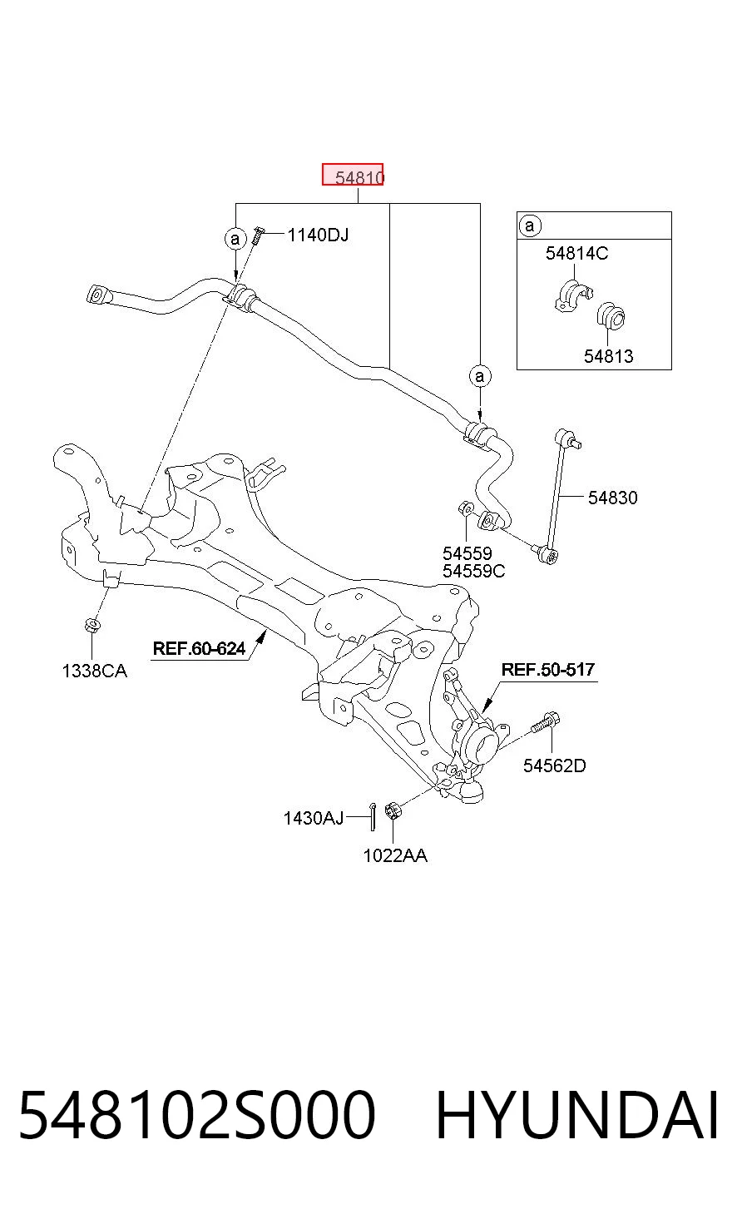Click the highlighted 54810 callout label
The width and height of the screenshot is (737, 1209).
[x=353, y=175]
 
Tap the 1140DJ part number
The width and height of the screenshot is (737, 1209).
[x=318, y=235]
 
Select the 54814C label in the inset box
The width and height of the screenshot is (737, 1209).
[x=576, y=253]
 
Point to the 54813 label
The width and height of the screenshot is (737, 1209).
[x=609, y=356]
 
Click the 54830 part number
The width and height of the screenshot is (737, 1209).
[x=613, y=498]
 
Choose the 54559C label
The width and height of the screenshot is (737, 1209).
[x=473, y=571]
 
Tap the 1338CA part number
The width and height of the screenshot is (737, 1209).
[x=95, y=671]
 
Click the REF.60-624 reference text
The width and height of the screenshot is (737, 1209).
[x=199, y=648]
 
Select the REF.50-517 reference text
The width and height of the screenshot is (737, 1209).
[x=547, y=670]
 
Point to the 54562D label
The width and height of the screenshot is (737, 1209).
[x=555, y=766]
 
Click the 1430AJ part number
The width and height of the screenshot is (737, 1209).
[x=314, y=818]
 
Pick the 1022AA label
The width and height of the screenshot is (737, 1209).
[x=395, y=855]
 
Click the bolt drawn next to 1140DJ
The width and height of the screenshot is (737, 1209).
[x=258, y=235]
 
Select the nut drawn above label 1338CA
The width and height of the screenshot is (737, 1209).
[x=92, y=625]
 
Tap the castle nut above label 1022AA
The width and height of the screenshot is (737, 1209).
[x=393, y=810]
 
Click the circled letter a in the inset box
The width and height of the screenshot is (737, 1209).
[x=529, y=225]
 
